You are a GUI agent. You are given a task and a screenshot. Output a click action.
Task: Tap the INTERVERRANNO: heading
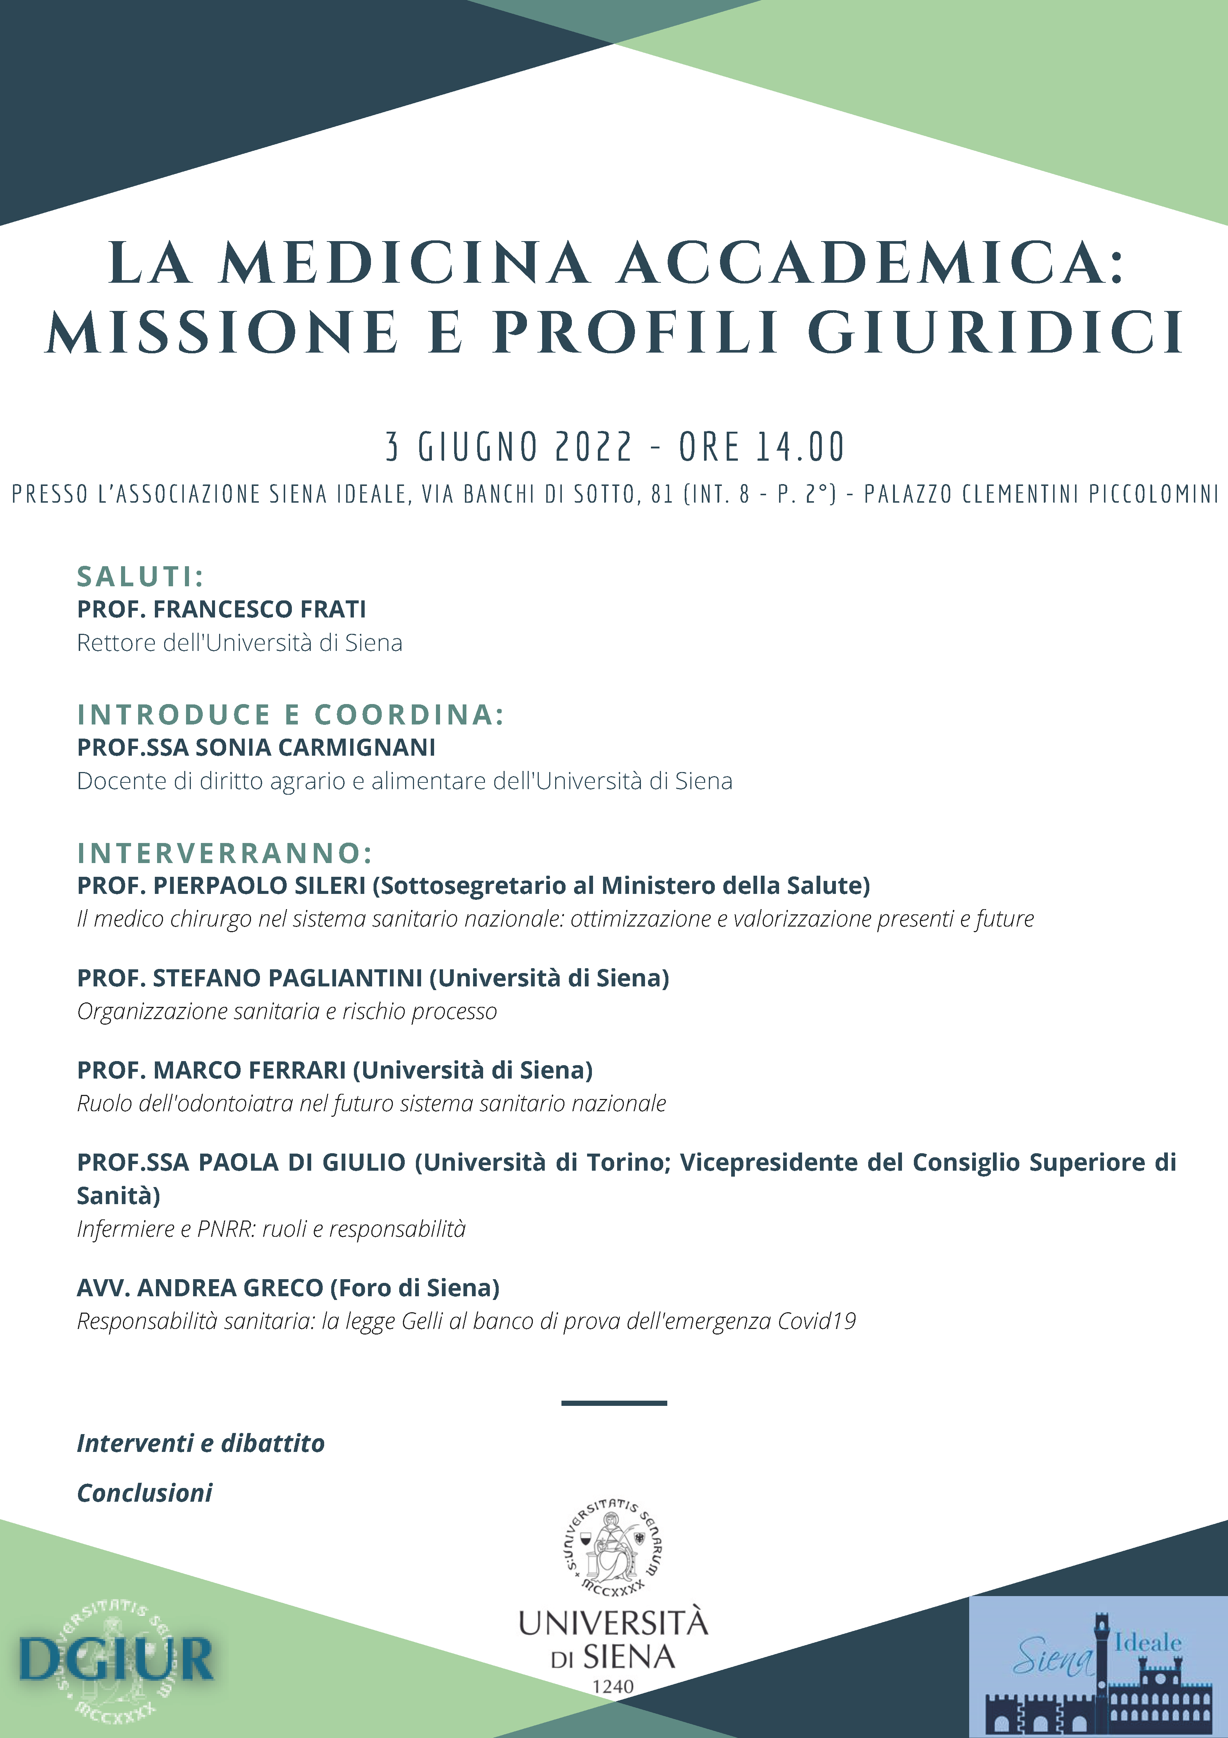[225, 853]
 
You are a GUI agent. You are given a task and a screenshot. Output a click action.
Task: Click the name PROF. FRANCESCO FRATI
[222, 609]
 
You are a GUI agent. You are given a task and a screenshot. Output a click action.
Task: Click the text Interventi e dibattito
[201, 1443]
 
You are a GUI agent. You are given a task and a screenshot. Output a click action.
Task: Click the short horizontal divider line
[613, 1403]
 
